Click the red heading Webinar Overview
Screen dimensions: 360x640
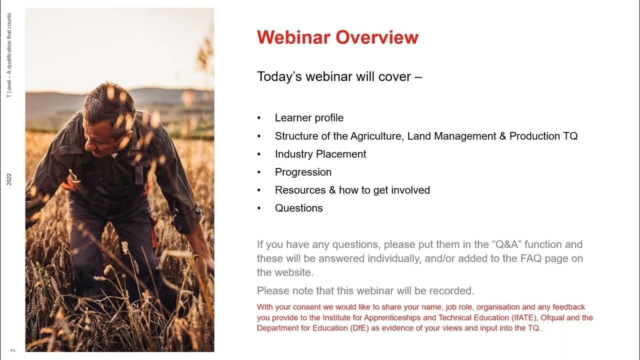click(337, 37)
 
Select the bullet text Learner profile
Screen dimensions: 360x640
click(309, 118)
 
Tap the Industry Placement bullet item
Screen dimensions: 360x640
click(320, 154)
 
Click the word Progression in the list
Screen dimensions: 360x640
click(303, 172)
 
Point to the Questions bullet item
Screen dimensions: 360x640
click(299, 208)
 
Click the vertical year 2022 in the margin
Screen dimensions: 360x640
click(9, 179)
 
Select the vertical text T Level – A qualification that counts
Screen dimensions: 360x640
click(9, 55)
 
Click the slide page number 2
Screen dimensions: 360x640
click(13, 350)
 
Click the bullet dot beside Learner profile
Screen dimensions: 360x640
click(259, 118)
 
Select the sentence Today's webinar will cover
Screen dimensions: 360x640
click(339, 76)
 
